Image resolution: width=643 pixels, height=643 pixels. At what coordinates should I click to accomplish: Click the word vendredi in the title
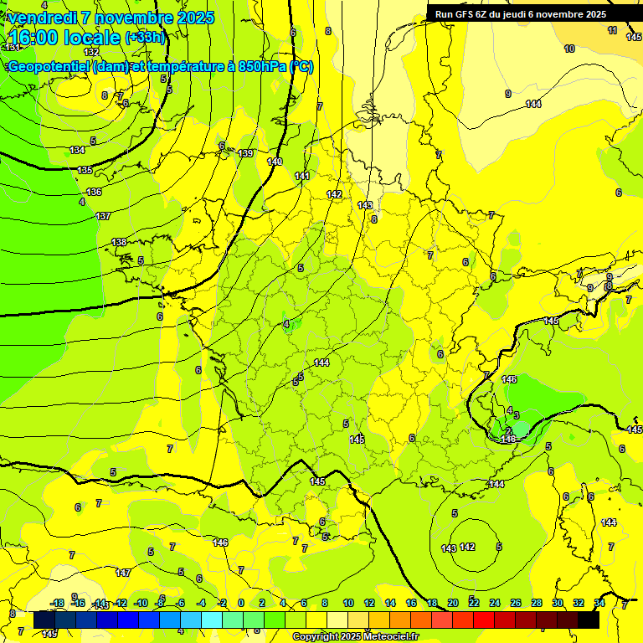[42, 18]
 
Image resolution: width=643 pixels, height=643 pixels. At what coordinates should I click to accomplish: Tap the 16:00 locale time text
[64, 38]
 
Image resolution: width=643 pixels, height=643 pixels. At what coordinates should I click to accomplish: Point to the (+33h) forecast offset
[146, 37]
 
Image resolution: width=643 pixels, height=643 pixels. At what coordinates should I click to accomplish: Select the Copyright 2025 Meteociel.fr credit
[355, 637]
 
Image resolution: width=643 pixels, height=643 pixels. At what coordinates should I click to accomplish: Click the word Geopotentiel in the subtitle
[49, 67]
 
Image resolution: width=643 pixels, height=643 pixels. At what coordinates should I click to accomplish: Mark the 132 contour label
[91, 52]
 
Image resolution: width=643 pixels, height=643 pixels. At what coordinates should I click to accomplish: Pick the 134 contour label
[77, 150]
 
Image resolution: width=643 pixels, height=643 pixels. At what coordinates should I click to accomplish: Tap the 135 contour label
[85, 170]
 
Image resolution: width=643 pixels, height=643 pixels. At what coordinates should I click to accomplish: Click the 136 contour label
[94, 192]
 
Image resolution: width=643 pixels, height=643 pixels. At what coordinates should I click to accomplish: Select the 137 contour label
[103, 216]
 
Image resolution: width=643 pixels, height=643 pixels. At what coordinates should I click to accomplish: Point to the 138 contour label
[119, 242]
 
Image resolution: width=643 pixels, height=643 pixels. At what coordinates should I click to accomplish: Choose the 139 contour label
[245, 153]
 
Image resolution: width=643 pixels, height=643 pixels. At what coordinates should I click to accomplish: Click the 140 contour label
[275, 162]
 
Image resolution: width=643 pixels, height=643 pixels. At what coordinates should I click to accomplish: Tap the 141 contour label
[302, 176]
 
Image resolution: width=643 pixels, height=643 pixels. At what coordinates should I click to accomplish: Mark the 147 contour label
[123, 573]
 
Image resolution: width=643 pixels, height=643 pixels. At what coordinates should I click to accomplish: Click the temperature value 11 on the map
[613, 30]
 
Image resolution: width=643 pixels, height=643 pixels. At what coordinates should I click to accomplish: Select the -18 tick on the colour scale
[58, 603]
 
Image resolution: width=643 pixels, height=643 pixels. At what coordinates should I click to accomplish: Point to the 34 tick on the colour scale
[599, 603]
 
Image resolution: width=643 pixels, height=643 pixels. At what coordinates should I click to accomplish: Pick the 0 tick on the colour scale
[241, 603]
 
